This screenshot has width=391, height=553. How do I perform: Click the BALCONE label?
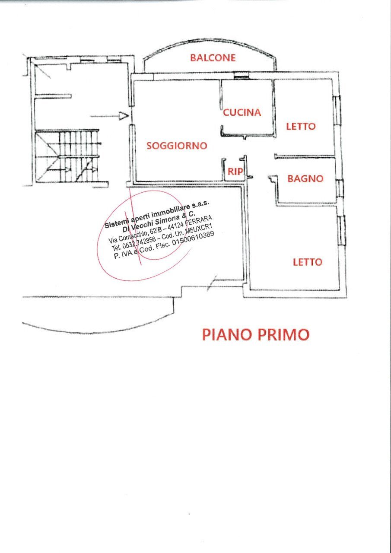coord(213,57)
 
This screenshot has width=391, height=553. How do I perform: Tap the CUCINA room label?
coord(242,112)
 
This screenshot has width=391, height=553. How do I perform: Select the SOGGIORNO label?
coord(177,146)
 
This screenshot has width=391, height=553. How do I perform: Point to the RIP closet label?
coord(235,172)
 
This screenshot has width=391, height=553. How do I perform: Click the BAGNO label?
coord(305,178)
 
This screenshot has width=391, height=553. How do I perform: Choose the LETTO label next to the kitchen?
coord(301,127)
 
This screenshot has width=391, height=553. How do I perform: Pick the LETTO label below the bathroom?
coord(308,262)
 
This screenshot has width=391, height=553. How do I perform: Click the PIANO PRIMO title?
coord(256,334)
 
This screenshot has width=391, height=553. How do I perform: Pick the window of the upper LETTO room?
coord(337,110)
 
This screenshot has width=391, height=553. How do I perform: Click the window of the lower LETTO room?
coord(342,230)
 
